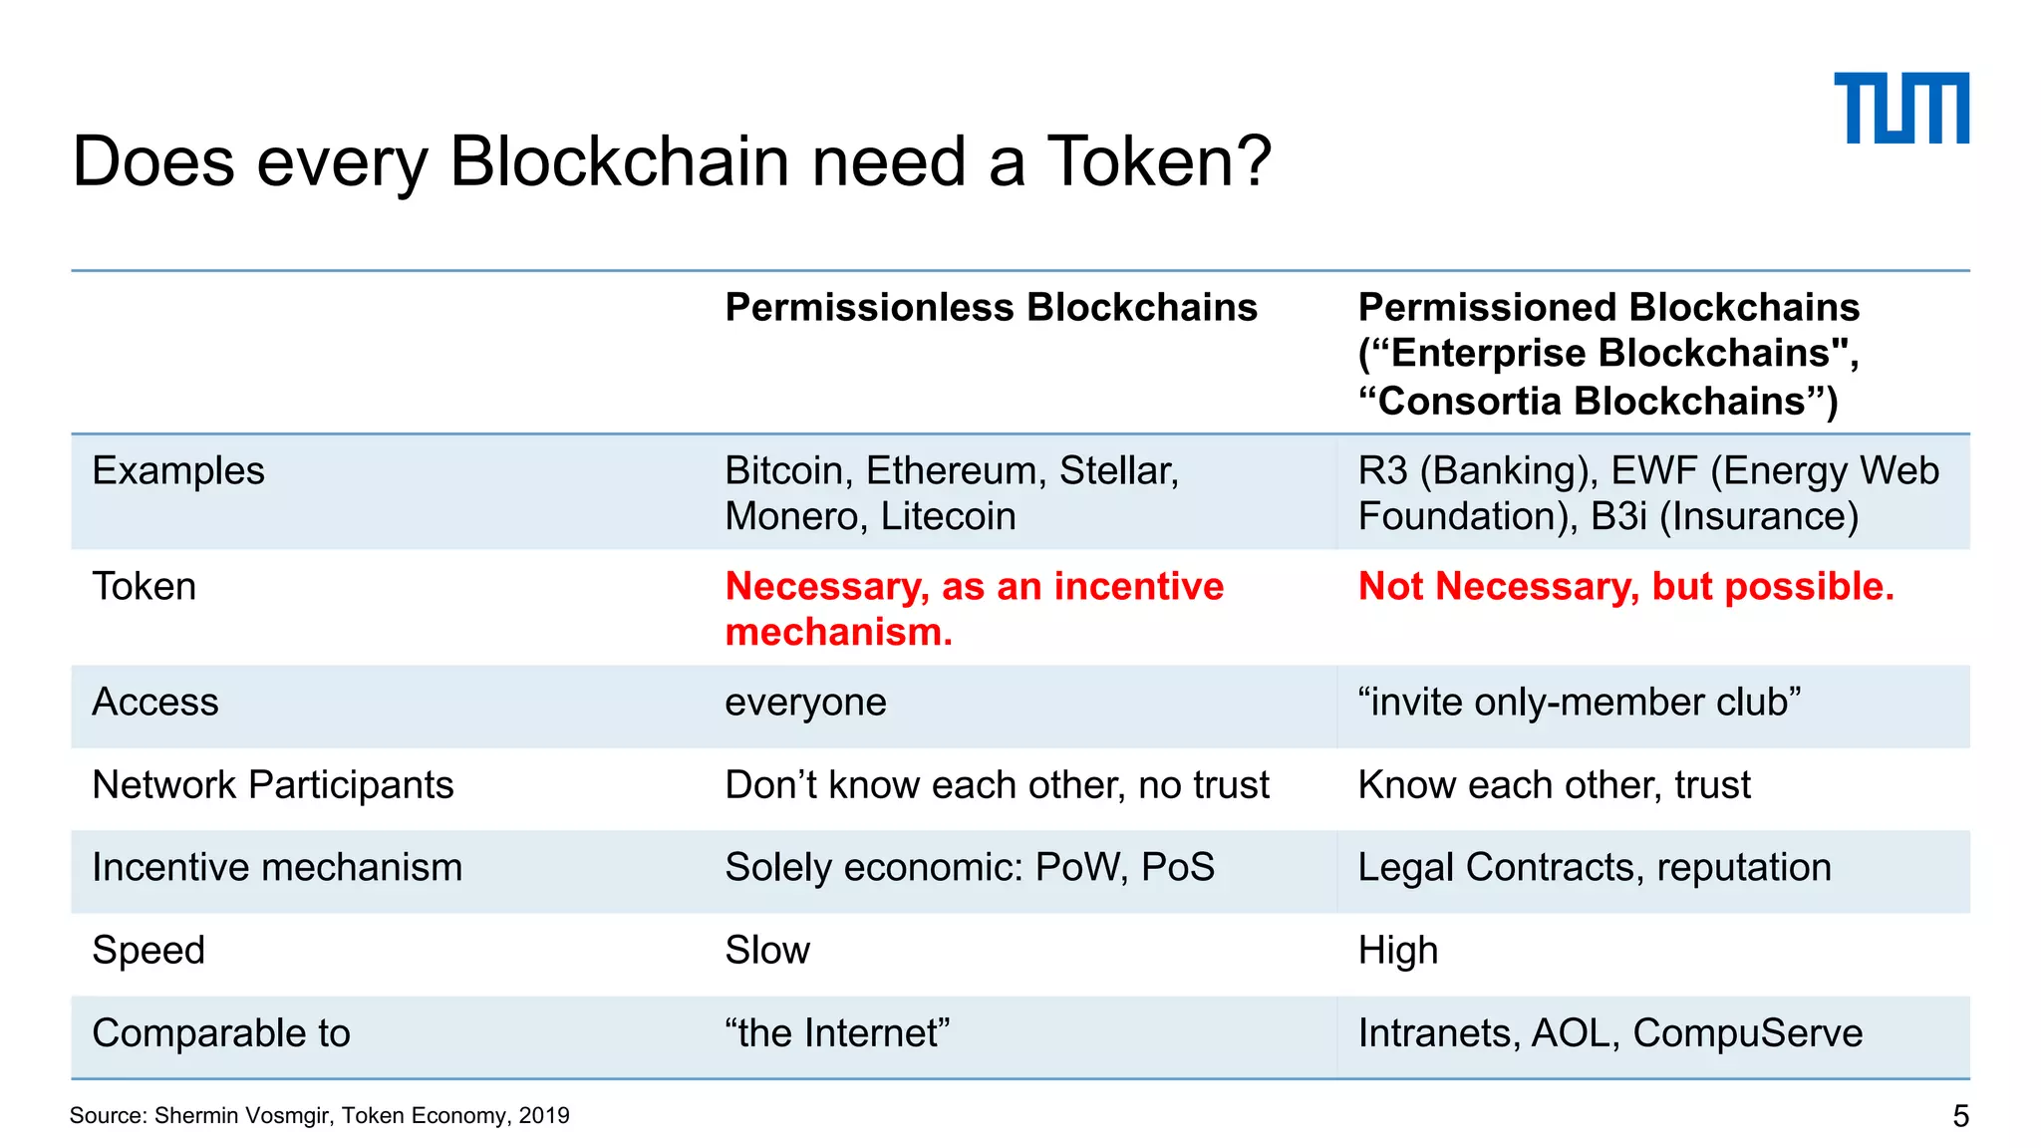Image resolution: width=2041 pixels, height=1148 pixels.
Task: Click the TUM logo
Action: (x=1900, y=108)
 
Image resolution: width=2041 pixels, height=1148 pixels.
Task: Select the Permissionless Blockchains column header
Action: (x=991, y=307)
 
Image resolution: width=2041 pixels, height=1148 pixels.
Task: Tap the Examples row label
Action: (x=178, y=470)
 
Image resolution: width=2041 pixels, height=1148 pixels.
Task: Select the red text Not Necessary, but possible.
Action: (x=1625, y=586)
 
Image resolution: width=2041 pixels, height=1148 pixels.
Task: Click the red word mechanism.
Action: (x=838, y=632)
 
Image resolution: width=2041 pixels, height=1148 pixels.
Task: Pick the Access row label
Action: (x=155, y=703)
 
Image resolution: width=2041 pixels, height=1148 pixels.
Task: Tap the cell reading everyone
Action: (x=805, y=703)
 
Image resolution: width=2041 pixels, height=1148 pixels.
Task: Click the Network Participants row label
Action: (x=273, y=785)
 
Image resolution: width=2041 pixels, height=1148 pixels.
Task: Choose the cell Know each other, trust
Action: (x=1554, y=785)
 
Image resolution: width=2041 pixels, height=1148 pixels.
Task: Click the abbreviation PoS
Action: (x=1178, y=868)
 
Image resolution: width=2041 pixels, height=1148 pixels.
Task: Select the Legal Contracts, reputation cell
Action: (x=1595, y=868)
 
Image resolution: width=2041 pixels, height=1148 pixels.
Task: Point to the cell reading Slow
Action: (x=767, y=951)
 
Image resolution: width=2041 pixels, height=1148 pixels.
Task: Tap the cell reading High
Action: (x=1397, y=951)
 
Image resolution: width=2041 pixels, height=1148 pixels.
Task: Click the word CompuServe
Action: (x=1748, y=1033)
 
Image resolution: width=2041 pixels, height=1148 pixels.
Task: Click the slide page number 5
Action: (x=1960, y=1116)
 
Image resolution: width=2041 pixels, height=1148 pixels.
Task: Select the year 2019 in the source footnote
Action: (x=544, y=1116)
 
